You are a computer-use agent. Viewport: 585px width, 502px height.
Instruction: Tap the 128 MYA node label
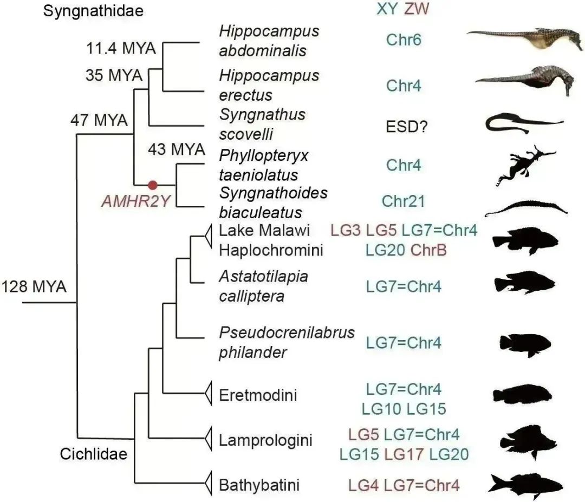click(x=34, y=286)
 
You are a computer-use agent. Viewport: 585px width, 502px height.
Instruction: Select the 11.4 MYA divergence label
click(x=121, y=49)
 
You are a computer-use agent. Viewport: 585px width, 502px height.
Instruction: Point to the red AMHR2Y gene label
click(x=136, y=201)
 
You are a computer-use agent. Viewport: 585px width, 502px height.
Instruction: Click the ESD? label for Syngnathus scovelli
click(x=404, y=126)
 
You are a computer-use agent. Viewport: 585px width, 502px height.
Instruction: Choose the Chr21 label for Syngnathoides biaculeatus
click(x=403, y=201)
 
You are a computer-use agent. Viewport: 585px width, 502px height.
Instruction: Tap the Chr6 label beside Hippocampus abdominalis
click(x=404, y=40)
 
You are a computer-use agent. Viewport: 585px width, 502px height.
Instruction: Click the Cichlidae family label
click(x=93, y=453)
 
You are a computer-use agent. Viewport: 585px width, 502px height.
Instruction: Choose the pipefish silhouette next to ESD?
click(x=523, y=124)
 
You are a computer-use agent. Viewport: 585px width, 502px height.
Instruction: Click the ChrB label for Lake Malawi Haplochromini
click(x=428, y=250)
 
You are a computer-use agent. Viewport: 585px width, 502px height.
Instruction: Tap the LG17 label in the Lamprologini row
click(x=404, y=453)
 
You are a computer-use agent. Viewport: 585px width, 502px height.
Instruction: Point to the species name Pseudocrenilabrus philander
click(x=287, y=342)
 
